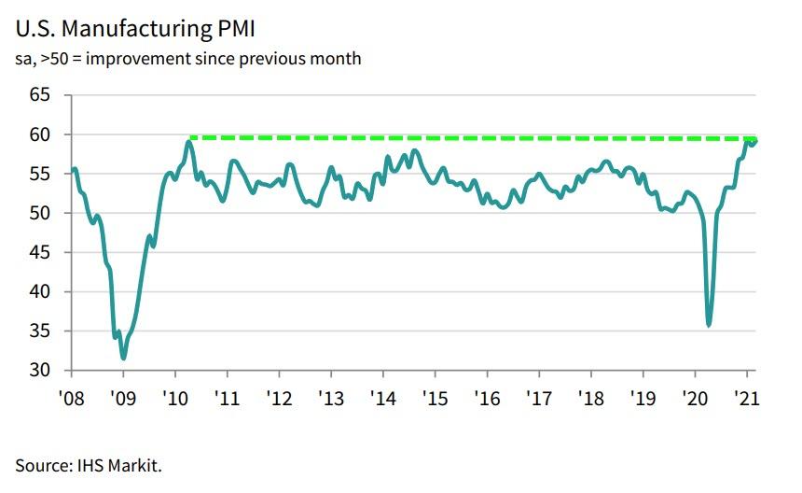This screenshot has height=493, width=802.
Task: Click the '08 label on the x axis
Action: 72,395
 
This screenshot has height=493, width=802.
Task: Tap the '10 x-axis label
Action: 176,395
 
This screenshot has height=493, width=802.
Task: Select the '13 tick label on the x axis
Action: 331,395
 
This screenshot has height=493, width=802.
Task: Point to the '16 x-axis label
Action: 487,395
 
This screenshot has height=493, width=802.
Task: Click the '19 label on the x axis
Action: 643,395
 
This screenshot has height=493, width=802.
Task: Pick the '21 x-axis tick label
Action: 746,395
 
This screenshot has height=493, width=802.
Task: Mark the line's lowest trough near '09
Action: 123,358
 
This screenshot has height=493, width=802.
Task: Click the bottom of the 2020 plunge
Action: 710,325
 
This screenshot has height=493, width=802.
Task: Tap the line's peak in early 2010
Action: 189,142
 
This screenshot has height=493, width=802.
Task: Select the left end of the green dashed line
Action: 191,137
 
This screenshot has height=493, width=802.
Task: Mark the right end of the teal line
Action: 755,141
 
